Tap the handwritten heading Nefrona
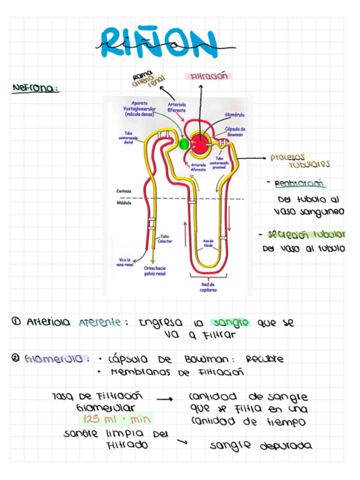(35, 88)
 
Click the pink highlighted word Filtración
(208, 76)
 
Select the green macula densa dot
(183, 144)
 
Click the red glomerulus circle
(200, 142)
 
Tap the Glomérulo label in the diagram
(235, 114)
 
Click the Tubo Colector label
(165, 239)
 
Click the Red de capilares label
(208, 287)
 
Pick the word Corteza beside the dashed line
(125, 191)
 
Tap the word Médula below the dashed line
(124, 202)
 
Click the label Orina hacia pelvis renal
(155, 270)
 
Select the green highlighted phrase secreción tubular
(305, 234)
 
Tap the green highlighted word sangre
(229, 323)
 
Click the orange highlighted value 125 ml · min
(117, 419)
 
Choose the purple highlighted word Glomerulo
(56, 359)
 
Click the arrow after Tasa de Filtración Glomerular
(164, 400)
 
